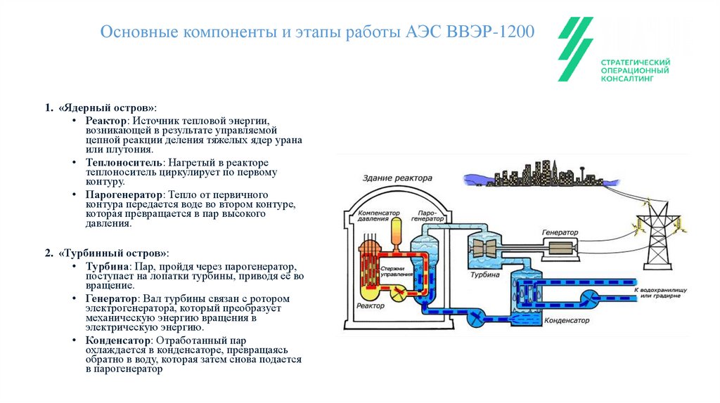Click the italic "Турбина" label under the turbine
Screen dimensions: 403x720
[486, 275]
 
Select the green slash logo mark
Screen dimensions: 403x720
[576, 49]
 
